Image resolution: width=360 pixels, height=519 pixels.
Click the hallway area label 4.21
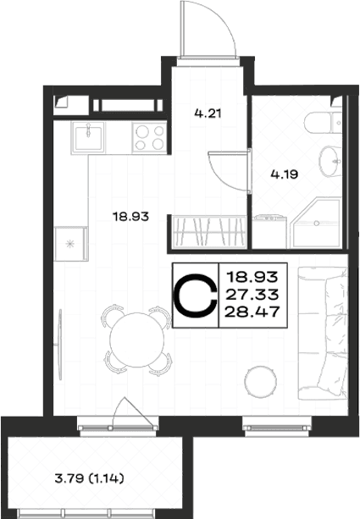(x=208, y=113)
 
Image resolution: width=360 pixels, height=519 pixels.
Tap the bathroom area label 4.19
(x=285, y=174)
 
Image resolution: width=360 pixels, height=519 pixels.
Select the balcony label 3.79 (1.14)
(x=90, y=478)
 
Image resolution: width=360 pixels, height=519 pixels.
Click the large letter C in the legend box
(x=196, y=295)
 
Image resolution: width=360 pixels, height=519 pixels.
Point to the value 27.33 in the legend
(x=253, y=294)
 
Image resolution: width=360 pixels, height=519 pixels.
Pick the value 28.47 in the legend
(x=252, y=312)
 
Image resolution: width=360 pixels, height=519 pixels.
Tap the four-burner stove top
(x=149, y=138)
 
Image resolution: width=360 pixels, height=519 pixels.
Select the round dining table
(x=136, y=340)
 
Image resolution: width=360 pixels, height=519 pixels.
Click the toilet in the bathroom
(x=324, y=123)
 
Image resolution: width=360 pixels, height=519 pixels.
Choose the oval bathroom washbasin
(x=330, y=162)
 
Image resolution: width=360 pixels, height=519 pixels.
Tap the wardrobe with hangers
(x=209, y=231)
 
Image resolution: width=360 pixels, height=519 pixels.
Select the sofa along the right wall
(x=323, y=333)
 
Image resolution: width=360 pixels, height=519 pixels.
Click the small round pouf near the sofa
(x=261, y=382)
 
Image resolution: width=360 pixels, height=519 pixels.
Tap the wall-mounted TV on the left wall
(x=60, y=345)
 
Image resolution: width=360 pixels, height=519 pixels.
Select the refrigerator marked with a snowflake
(x=71, y=244)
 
